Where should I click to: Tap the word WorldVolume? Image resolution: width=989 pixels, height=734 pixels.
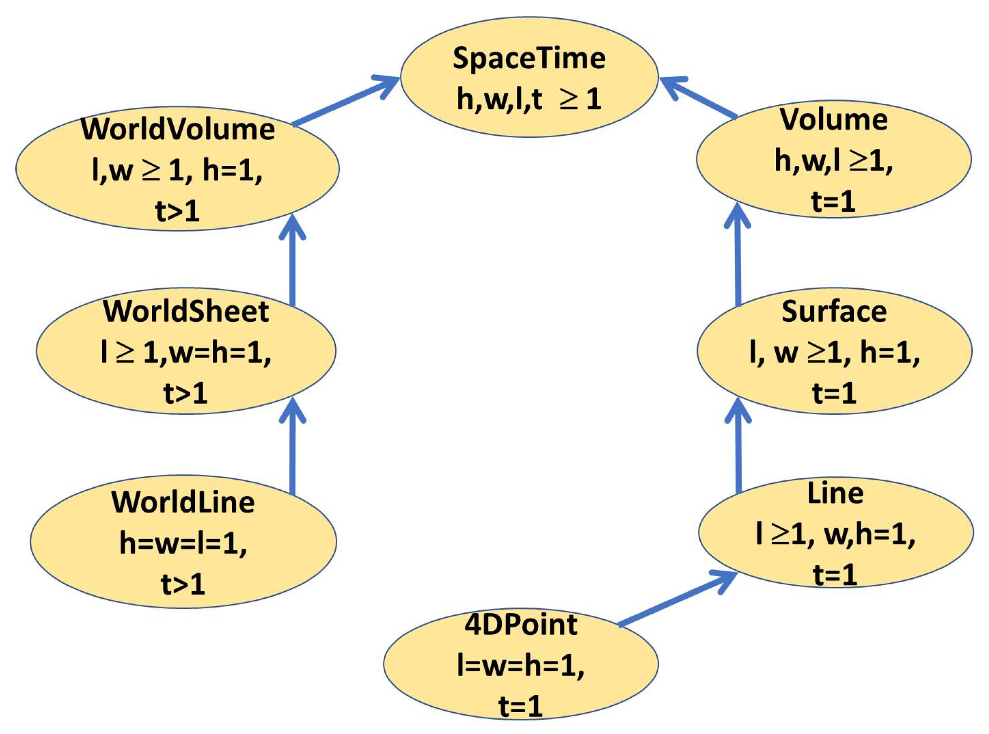pos(178,130)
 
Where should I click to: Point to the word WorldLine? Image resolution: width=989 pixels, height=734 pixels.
pos(183,503)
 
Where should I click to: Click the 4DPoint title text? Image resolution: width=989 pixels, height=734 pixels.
pos(520,625)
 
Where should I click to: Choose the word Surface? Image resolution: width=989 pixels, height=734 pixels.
pos(834,311)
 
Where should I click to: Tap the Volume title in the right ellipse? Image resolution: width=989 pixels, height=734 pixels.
pos(834,120)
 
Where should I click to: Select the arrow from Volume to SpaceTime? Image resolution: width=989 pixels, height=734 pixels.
pos(697,98)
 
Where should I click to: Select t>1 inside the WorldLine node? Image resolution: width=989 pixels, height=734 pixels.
pos(183,584)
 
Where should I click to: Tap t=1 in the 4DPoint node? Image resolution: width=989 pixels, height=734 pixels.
pos(520,706)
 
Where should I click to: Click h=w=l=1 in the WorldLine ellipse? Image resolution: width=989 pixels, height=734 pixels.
pos(183,543)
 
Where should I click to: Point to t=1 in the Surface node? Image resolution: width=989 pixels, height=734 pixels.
pos(834,393)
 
